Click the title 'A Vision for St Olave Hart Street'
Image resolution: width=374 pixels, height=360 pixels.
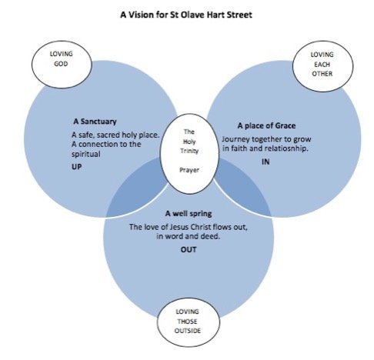click(186, 15)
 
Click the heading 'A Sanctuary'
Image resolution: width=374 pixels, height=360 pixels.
click(95, 122)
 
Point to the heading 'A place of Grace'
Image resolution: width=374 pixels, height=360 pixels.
click(266, 125)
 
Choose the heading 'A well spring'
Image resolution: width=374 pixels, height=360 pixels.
click(189, 214)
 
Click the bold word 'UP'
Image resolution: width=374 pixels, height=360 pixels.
click(77, 167)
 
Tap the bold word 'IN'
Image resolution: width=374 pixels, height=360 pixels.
click(265, 162)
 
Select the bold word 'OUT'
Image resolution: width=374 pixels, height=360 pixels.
click(189, 249)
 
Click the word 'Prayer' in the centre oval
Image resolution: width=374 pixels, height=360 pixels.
click(189, 170)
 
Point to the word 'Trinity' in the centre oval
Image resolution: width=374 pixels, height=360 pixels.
click(189, 151)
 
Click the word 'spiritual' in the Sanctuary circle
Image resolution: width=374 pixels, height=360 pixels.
click(86, 154)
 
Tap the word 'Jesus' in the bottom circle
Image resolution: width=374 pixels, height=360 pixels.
click(179, 227)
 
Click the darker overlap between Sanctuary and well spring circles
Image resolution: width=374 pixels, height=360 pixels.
click(136, 190)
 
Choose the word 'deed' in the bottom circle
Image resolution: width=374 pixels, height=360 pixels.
click(210, 236)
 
